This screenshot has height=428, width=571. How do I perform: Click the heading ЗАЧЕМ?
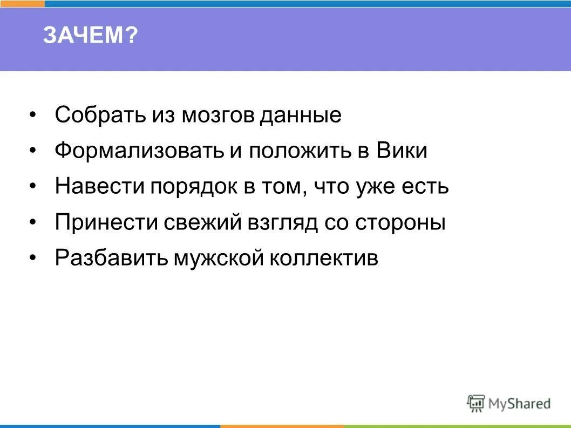click(x=91, y=37)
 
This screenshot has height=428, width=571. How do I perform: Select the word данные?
click(x=301, y=116)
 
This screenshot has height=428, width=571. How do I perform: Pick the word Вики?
click(x=401, y=151)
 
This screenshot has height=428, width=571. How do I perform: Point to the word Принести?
click(x=102, y=222)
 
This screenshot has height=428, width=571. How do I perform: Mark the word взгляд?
click(x=281, y=222)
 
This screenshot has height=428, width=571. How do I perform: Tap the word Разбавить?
click(x=111, y=258)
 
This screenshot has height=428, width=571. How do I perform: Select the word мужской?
click(x=219, y=258)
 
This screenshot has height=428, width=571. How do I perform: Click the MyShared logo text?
click(x=519, y=403)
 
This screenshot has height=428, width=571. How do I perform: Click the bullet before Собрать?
click(x=33, y=116)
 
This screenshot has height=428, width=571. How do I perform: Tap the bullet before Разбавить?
click(x=33, y=258)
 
